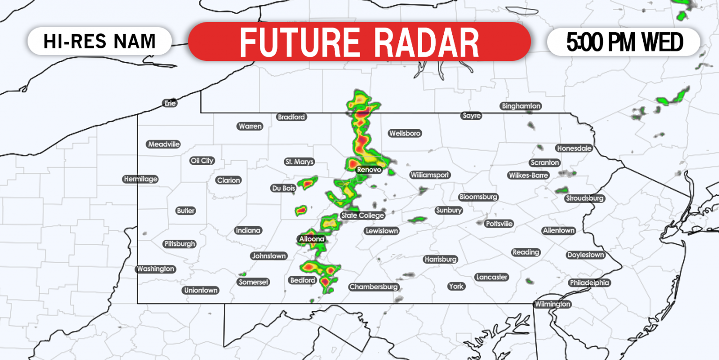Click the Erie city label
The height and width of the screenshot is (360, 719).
170,103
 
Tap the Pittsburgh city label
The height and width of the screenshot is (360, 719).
180,244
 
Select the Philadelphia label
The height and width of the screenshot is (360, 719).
589,283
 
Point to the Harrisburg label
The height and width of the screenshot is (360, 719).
440,259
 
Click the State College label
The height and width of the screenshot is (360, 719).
363,215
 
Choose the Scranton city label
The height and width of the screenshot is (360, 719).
544,162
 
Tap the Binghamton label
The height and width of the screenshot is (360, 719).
521,106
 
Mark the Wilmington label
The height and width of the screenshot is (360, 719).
553,304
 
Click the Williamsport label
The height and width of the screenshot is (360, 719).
430,175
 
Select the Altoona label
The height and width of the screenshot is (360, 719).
312,239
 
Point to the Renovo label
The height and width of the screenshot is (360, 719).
369,169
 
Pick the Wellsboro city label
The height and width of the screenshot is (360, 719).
405,133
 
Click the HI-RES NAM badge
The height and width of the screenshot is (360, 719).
99,41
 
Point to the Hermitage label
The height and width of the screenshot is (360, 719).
140,179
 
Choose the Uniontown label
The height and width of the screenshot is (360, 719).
201,290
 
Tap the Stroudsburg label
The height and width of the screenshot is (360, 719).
585,198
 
